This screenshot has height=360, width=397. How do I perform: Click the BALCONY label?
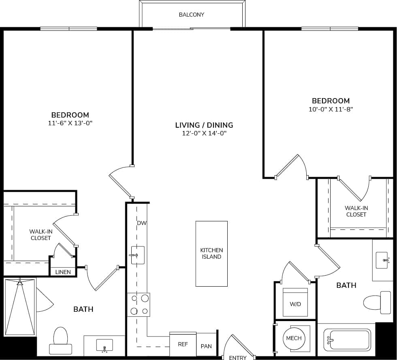coord(192,15)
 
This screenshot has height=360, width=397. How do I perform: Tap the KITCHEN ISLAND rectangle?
coord(211,254)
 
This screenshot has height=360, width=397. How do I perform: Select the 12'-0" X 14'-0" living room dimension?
coord(204,133)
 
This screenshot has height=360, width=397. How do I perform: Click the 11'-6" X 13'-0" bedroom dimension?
coord(70,123)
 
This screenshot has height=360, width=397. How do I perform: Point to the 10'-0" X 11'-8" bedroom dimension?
coord(330,109)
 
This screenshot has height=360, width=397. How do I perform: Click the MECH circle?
coord(294,338)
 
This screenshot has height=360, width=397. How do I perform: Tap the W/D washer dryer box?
coord(295,302)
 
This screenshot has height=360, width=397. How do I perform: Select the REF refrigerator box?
coord(183,345)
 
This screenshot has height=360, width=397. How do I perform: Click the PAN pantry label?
coord(206,346)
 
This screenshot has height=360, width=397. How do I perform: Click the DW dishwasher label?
coord(141,223)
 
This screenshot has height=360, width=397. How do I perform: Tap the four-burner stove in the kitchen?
coord(139,305)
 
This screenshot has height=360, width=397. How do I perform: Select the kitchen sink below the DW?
coord(138,255)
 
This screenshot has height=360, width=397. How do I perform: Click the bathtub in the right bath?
coord(347,340)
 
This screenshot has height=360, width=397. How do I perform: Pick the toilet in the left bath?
coord(60,341)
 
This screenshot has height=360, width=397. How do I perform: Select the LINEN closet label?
coord(63,272)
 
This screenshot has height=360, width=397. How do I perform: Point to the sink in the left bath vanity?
coord(105,346)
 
